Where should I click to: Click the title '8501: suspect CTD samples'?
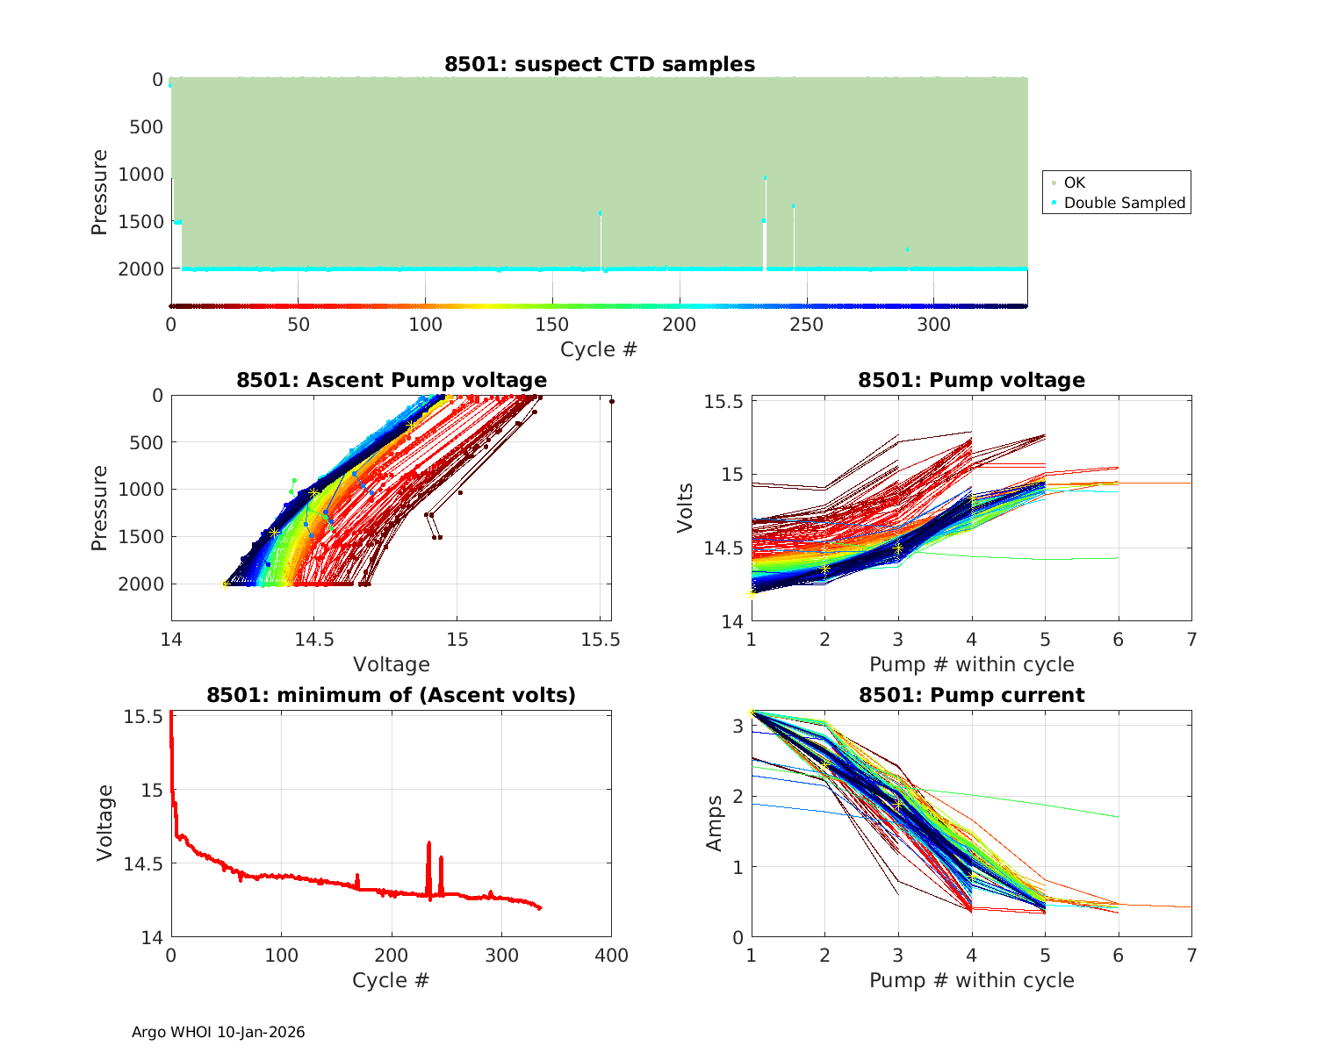tap(600, 64)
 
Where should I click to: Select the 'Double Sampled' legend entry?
tap(1124, 203)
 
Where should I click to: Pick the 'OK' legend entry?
tap(1074, 183)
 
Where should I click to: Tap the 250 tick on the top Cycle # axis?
tap(807, 325)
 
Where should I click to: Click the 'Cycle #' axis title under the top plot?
tap(599, 349)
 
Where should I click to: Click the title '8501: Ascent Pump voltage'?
tap(392, 380)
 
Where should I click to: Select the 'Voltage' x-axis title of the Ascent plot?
tap(392, 664)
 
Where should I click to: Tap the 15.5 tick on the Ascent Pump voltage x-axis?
tap(601, 640)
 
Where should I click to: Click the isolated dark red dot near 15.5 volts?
tap(611, 402)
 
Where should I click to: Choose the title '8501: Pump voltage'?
tap(971, 380)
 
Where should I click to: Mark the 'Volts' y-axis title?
tap(686, 508)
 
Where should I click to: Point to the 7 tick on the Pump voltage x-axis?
tap(1191, 640)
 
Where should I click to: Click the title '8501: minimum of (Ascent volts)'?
tap(392, 695)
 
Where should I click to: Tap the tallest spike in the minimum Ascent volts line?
tap(428, 843)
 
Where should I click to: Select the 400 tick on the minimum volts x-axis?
tap(611, 956)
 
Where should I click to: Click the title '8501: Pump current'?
tap(971, 695)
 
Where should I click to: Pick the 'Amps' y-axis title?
tap(715, 823)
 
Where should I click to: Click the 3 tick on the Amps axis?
tap(738, 726)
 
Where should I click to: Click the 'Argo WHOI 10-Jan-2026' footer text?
tap(219, 1032)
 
